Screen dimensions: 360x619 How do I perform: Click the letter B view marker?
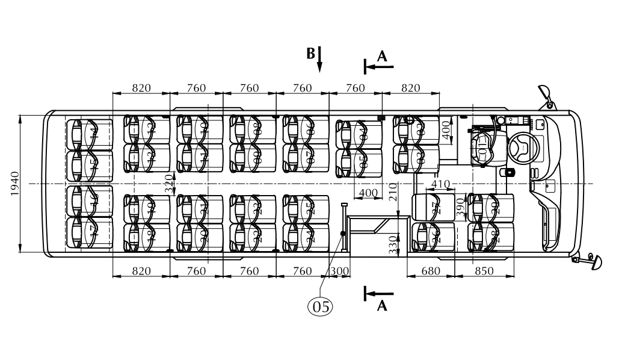click(x=310, y=54)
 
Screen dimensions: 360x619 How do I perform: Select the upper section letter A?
click(x=382, y=55)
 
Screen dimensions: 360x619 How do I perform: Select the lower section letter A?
click(x=382, y=306)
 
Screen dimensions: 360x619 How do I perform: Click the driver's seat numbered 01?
click(x=483, y=148)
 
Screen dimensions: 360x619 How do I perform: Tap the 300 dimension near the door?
click(x=340, y=272)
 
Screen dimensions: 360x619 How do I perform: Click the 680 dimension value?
click(x=431, y=272)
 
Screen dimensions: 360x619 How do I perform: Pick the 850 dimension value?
click(x=484, y=272)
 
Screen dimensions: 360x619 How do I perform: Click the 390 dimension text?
click(x=461, y=206)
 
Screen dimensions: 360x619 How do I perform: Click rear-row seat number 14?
click(x=92, y=133)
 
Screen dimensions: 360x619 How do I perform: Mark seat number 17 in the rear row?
click(x=92, y=232)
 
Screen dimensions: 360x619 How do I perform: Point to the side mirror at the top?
click(x=546, y=93)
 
